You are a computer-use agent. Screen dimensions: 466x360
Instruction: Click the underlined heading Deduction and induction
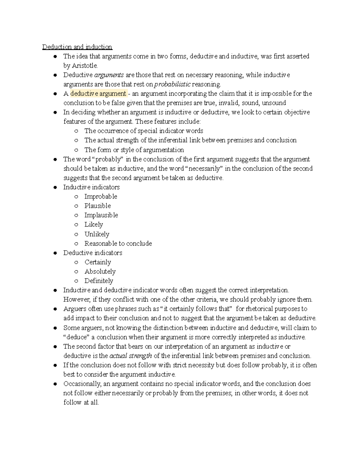pyautogui.click(x=77, y=47)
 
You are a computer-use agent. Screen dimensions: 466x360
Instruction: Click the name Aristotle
pyautogui.click(x=85, y=65)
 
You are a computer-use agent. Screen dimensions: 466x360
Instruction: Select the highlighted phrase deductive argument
pyautogui.click(x=98, y=94)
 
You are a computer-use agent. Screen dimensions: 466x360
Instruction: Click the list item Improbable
pyautogui.click(x=101, y=197)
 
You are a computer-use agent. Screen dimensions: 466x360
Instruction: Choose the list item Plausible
pyautogui.click(x=97, y=206)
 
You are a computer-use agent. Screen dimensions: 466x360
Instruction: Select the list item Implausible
pyautogui.click(x=101, y=215)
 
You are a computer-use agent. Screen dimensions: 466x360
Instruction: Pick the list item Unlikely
pyautogui.click(x=97, y=234)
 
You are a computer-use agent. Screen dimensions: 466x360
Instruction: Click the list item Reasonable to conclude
pyautogui.click(x=118, y=243)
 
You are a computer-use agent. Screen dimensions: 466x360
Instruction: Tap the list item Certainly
pyautogui.click(x=98, y=262)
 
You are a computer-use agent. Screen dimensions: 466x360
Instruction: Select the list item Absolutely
pyautogui.click(x=100, y=272)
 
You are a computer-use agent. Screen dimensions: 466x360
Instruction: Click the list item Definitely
pyautogui.click(x=99, y=281)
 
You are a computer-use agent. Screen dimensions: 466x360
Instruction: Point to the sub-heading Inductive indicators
pyautogui.click(x=91, y=187)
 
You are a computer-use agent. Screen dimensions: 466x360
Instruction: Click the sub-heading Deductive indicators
pyautogui.click(x=93, y=253)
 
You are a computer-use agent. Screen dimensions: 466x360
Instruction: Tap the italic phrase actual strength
pyautogui.click(x=130, y=356)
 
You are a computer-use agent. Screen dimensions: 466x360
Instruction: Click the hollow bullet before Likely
pyautogui.click(x=76, y=225)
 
